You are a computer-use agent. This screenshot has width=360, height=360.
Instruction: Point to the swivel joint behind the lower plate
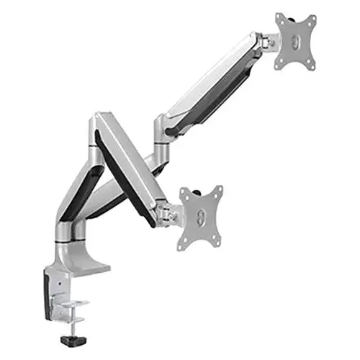coord(171,214)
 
